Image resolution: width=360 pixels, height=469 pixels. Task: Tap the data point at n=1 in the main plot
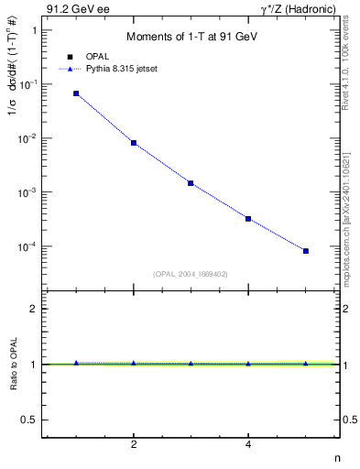[x=76, y=93]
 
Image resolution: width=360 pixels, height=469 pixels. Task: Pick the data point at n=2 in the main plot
[x=134, y=143]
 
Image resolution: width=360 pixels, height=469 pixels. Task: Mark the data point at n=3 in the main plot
[x=191, y=183]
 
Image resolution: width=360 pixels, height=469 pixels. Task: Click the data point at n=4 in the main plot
[x=248, y=219]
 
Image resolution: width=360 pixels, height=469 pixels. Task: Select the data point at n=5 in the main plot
[x=306, y=251]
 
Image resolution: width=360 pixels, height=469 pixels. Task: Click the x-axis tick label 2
[x=134, y=446]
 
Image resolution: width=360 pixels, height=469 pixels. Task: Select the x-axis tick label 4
[x=248, y=446]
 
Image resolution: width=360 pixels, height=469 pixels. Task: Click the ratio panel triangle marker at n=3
[x=191, y=364]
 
